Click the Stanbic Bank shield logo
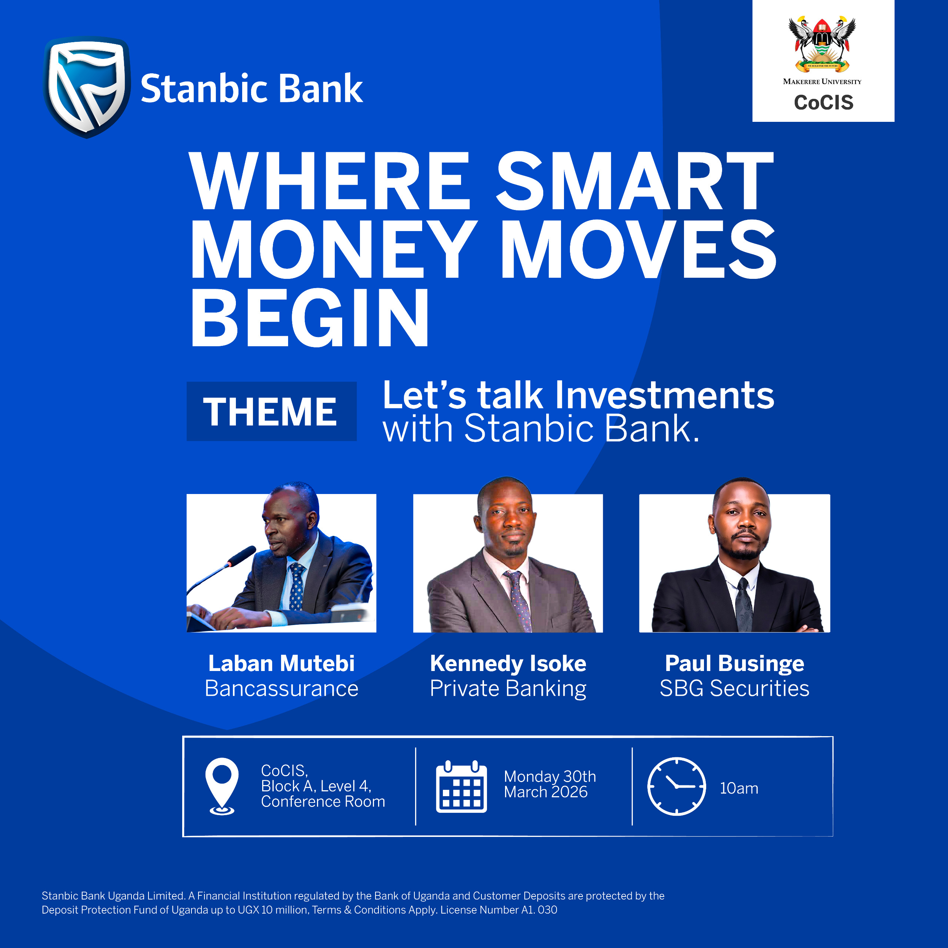(x=87, y=87)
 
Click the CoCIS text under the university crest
(x=823, y=103)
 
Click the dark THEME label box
(x=271, y=411)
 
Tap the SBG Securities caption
(x=735, y=688)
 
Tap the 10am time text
(x=739, y=788)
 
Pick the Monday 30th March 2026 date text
(x=550, y=784)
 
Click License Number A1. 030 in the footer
(x=498, y=910)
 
